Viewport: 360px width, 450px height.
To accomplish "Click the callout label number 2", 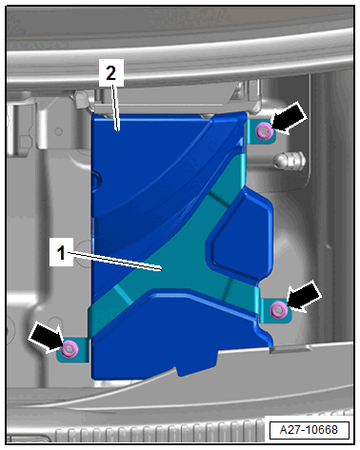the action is [x=110, y=72].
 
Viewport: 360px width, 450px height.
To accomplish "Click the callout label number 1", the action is [x=61, y=253].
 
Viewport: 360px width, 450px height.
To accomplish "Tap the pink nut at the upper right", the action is [x=264, y=131].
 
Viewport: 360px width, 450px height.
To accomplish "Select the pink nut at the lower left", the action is [x=70, y=348].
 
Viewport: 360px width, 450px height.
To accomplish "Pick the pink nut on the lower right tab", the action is [x=279, y=309].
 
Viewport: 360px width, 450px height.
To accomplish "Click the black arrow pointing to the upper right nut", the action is [x=289, y=119].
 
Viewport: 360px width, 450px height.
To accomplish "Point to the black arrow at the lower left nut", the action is [x=47, y=337].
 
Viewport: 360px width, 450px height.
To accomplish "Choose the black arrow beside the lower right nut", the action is [x=303, y=297].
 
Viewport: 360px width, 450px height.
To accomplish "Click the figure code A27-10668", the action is [x=309, y=430].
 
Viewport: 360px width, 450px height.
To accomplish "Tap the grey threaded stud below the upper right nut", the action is [x=289, y=161].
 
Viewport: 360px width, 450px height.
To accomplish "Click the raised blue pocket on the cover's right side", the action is [x=241, y=234].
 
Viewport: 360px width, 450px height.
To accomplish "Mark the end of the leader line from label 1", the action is [x=162, y=270].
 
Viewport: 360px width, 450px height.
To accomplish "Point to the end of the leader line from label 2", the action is [x=118, y=129].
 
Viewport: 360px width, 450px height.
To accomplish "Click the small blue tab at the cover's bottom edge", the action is [x=197, y=364].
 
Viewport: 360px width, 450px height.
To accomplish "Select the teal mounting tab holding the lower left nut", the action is [x=72, y=350].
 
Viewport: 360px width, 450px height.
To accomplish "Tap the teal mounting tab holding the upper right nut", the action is [x=261, y=131].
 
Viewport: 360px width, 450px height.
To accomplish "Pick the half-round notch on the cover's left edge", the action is [x=96, y=182].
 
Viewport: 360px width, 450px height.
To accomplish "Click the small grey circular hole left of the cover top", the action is [x=58, y=131].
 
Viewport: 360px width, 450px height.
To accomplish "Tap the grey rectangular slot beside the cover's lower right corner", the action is [x=290, y=349].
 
